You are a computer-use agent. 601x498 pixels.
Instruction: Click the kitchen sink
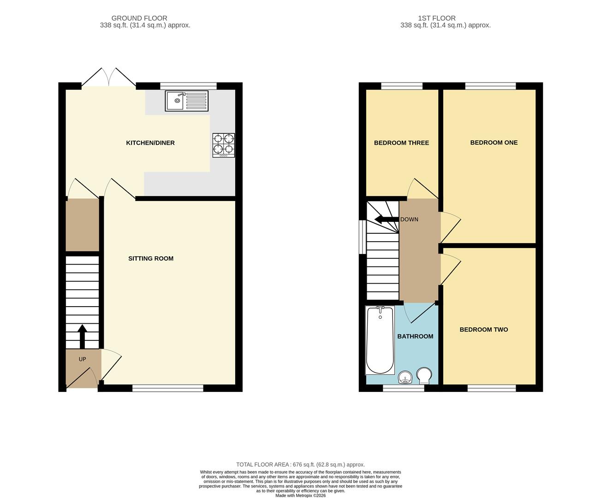186,101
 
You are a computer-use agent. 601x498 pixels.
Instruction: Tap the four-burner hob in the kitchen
224,145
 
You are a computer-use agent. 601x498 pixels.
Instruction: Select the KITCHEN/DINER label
150,142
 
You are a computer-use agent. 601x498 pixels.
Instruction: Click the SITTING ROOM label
151,258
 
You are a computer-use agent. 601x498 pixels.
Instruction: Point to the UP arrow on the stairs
82,336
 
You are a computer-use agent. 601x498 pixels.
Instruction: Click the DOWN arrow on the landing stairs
386,219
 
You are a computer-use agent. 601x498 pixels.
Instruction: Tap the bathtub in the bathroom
380,341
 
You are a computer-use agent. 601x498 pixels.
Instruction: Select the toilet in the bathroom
424,376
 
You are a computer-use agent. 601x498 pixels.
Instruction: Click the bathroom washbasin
405,377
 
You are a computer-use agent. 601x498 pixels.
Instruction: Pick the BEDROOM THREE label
402,142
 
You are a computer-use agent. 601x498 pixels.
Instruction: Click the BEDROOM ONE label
494,142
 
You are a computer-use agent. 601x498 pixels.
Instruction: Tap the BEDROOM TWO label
484,330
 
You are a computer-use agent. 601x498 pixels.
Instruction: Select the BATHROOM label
415,336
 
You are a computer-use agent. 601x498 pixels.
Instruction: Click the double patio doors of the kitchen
109,77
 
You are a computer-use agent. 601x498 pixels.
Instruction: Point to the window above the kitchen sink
188,86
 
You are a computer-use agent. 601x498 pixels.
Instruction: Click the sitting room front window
168,388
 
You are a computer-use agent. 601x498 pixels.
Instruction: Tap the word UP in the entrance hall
82,359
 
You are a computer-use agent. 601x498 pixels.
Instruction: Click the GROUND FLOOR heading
139,18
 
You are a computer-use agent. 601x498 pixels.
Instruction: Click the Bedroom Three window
402,86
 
